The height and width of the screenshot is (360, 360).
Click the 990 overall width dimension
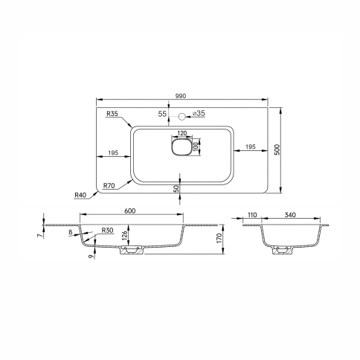coord(181,96)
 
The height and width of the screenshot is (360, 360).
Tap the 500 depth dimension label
coord(277,150)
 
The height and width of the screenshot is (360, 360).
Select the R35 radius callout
coord(112,114)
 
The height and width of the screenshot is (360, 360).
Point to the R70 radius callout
coord(109,185)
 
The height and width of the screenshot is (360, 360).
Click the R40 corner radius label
coord(80,195)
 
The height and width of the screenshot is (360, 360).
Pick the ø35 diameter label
coord(199,113)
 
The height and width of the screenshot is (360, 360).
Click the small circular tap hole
coord(181,116)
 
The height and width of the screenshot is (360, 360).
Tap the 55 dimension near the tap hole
coord(162,114)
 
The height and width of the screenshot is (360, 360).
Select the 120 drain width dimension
coord(182,133)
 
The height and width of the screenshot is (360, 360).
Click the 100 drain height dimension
coord(196,147)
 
